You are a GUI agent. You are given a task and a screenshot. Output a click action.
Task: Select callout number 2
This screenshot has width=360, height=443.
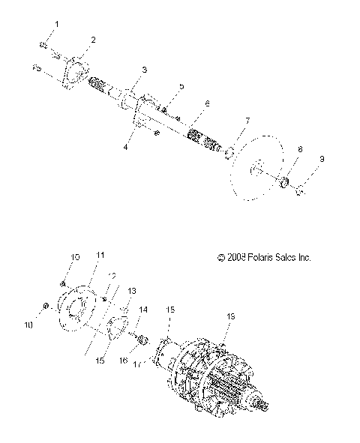pos(93,39)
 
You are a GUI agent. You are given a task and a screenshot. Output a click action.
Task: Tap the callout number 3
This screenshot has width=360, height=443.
pos(144,70)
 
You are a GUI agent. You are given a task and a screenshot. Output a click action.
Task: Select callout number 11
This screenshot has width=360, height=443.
pos(99,256)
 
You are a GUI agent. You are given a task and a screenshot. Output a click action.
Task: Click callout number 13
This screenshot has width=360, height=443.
pos(132,290)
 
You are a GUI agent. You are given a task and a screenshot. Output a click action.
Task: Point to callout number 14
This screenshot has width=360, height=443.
pos(144,309)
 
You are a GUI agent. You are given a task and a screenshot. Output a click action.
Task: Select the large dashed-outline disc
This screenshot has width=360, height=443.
pos(267,176)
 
